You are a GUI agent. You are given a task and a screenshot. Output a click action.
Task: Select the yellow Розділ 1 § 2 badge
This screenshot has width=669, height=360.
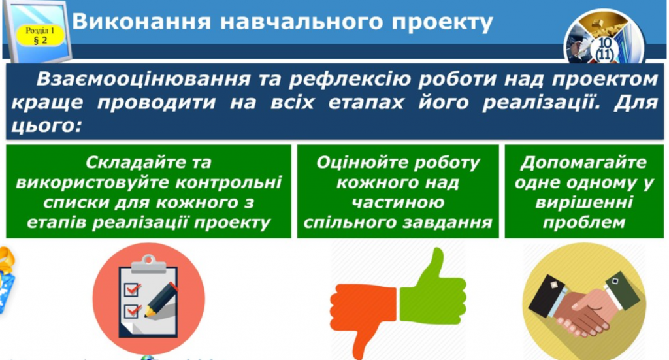point(39,35)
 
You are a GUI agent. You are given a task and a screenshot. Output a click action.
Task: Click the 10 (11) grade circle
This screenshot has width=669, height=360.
point(604,47)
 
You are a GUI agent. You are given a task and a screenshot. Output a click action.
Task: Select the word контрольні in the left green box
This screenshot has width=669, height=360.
point(233,182)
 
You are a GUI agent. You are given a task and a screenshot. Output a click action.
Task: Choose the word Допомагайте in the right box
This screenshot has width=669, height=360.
point(583,162)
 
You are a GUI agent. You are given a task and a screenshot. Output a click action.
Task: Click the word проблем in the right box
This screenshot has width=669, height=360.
point(583,222)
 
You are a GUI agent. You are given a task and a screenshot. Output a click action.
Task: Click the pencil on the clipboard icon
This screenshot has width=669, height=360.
point(163,298)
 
